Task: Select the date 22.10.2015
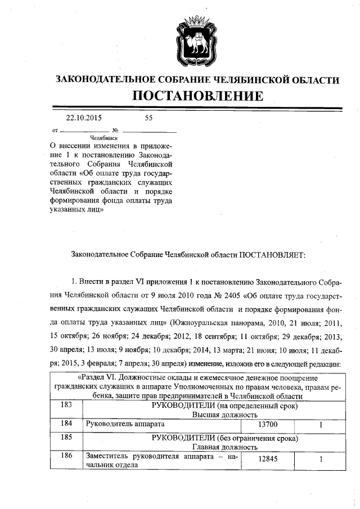coord(84,118)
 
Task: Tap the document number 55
coord(148,118)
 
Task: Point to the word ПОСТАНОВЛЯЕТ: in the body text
coord(272,255)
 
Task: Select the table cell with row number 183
coord(66,406)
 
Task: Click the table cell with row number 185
coord(66,438)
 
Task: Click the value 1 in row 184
coord(320,425)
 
